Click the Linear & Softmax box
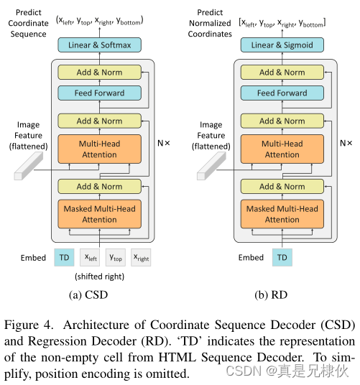pyautogui.click(x=100, y=46)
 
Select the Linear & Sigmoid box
pyautogui.click(x=282, y=46)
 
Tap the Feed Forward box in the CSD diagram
pyautogui.click(x=100, y=93)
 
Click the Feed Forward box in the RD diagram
pyautogui.click(x=282, y=93)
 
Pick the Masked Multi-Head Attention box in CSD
pyautogui.click(x=100, y=214)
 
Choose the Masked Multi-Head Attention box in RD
pyautogui.click(x=282, y=214)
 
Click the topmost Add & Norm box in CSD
pyautogui.click(x=100, y=73)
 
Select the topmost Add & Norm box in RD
pyautogui.click(x=282, y=73)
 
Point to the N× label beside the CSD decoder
pyautogui.click(x=165, y=143)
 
